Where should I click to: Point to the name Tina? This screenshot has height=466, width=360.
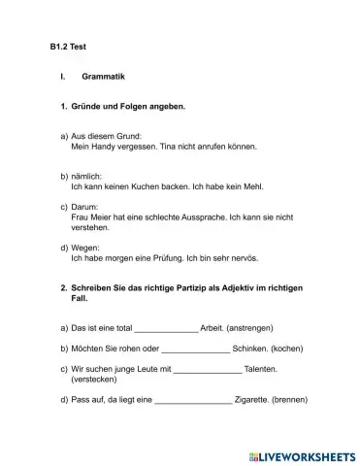(x=167, y=147)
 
